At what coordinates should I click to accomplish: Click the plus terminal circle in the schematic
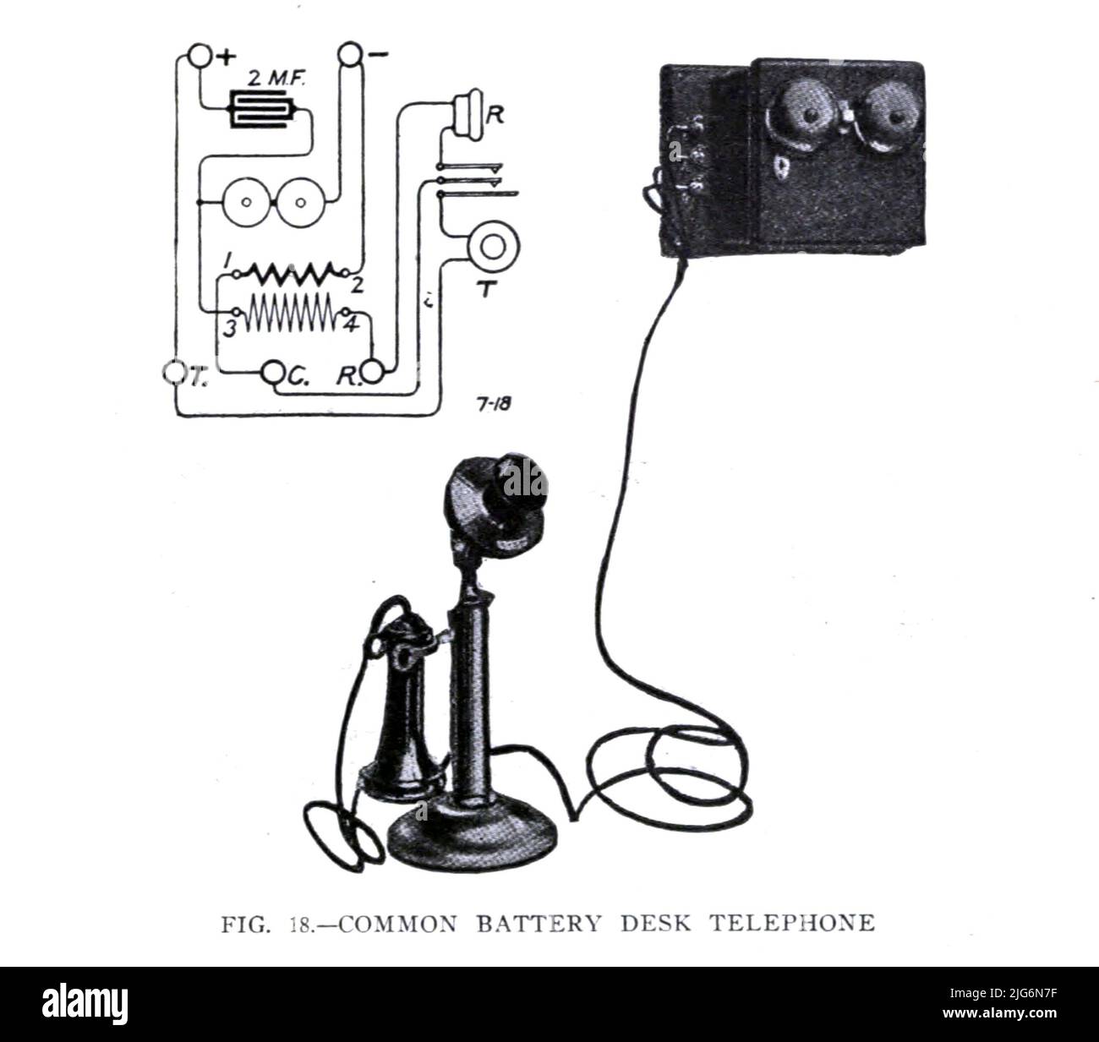pos(200,56)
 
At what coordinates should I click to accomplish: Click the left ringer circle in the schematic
pos(246,204)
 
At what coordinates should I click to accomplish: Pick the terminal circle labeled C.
pos(272,371)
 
